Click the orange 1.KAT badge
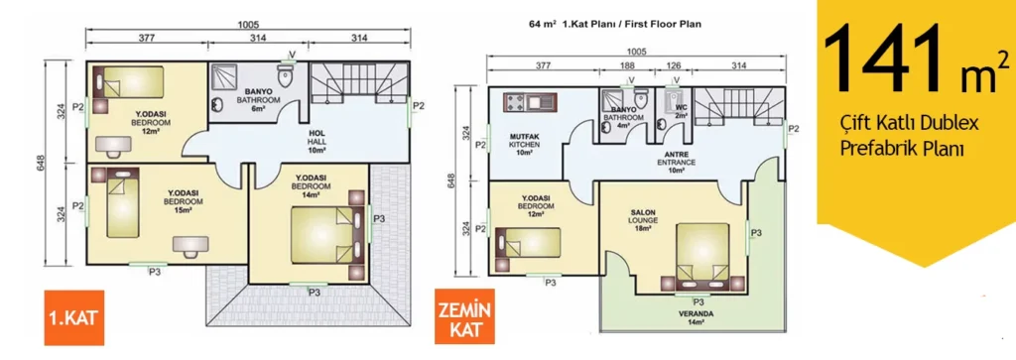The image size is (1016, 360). [73, 318]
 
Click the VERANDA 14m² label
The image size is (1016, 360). [697, 318]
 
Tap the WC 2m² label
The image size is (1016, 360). [681, 110]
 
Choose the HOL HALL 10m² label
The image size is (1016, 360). [317, 141]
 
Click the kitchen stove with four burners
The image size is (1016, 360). [516, 102]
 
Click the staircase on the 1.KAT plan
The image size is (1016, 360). [358, 83]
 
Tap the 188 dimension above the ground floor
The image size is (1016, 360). [627, 64]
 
